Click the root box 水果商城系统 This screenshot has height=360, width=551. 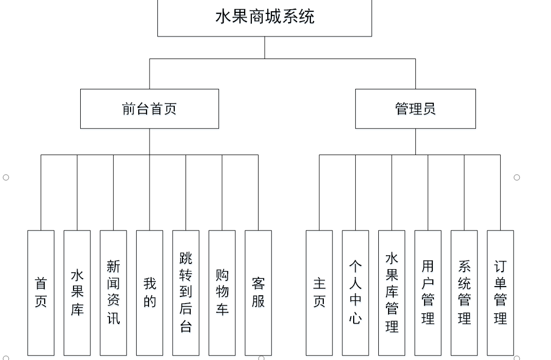click(x=264, y=17)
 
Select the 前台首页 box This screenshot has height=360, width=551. click(x=149, y=108)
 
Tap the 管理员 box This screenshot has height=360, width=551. click(x=415, y=108)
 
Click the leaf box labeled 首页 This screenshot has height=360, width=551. click(x=41, y=293)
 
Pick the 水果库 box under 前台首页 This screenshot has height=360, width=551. click(x=77, y=293)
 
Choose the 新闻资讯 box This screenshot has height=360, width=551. click(x=113, y=293)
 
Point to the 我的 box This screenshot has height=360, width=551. click(x=150, y=293)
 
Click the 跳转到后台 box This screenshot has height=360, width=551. click(x=186, y=293)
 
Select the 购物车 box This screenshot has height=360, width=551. click(x=222, y=293)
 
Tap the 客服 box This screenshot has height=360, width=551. click(x=258, y=293)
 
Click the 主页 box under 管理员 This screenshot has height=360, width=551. click(x=319, y=293)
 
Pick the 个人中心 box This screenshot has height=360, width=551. click(x=355, y=293)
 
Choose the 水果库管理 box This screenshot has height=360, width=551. click(x=392, y=293)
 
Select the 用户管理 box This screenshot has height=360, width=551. click(x=428, y=293)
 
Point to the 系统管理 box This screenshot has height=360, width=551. click(x=464, y=293)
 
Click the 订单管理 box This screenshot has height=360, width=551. click(x=500, y=293)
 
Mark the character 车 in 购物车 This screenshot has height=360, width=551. click(x=222, y=309)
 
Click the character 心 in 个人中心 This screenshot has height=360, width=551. click(x=355, y=318)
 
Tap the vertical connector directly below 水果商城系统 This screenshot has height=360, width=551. click(x=265, y=47)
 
